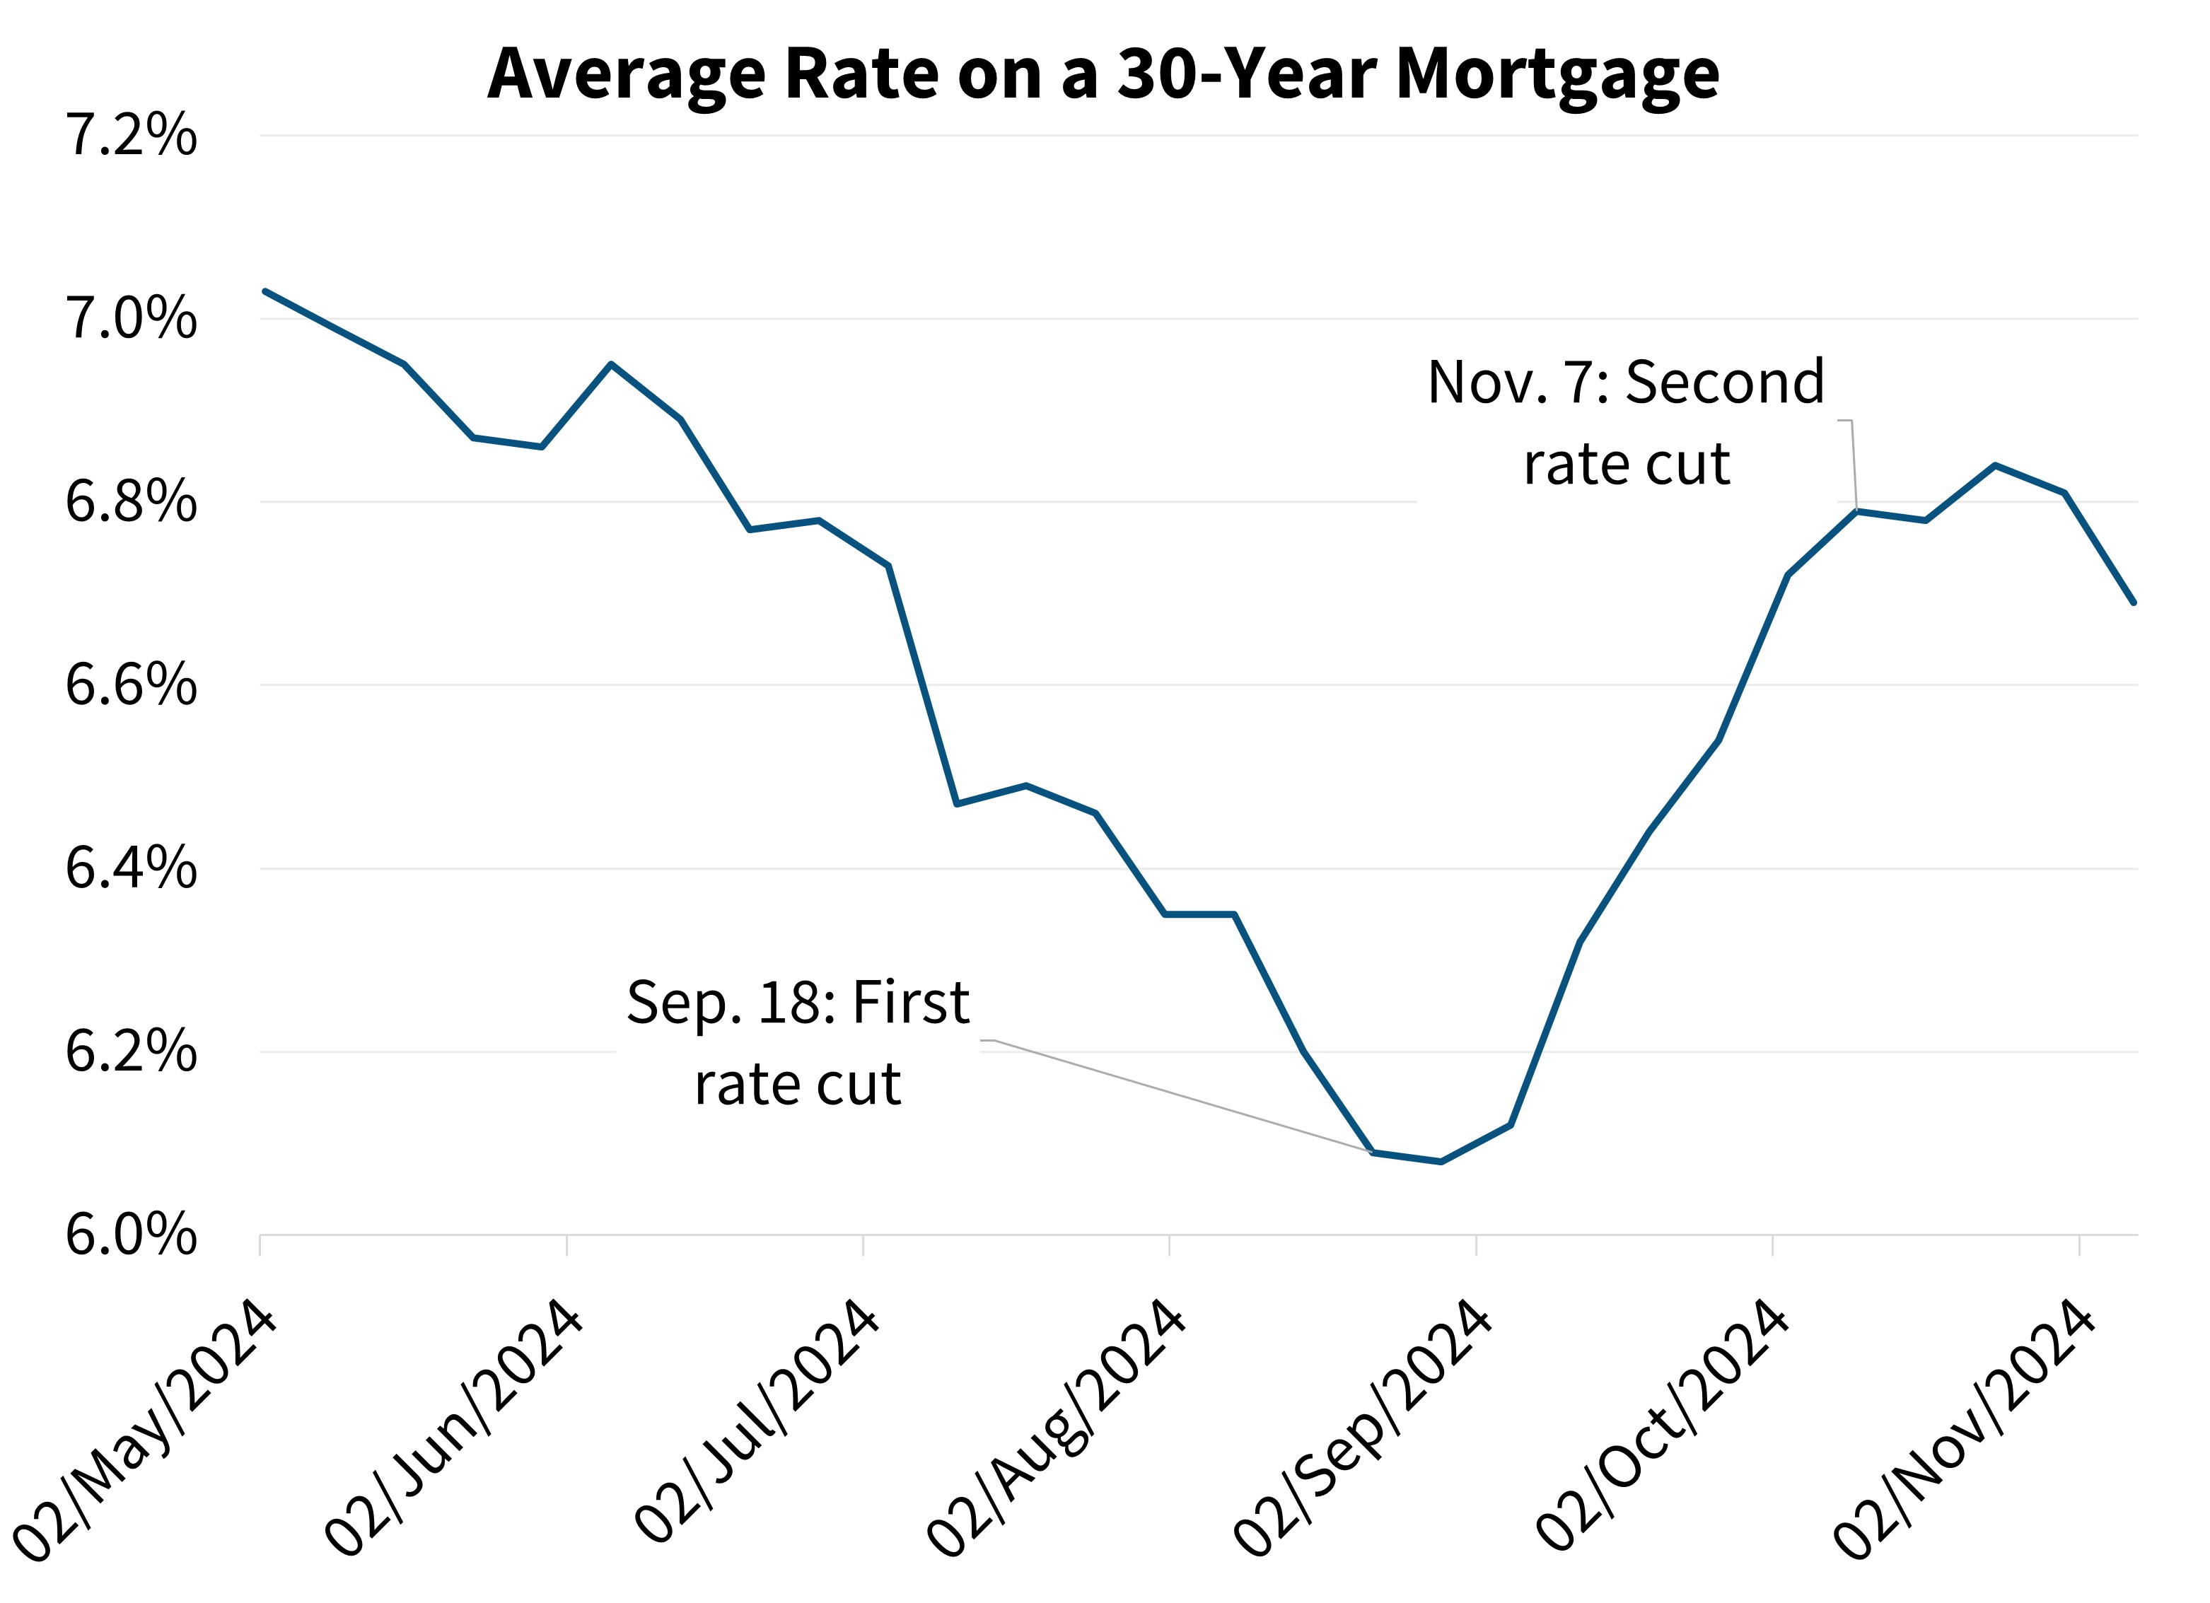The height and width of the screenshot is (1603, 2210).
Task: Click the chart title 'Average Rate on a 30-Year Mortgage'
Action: [1103, 74]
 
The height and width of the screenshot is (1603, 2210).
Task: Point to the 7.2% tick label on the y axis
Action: [131, 136]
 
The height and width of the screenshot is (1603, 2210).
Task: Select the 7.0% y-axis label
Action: [131, 319]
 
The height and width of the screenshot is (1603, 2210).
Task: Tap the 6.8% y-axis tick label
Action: [131, 502]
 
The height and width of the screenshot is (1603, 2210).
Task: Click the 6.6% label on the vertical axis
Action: [131, 685]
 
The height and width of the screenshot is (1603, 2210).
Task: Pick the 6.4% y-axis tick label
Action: [131, 868]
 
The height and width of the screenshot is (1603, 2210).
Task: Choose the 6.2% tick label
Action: [131, 1051]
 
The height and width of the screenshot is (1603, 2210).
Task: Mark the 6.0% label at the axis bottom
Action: [131, 1235]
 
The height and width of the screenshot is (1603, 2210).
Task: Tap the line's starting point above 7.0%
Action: [265, 291]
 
